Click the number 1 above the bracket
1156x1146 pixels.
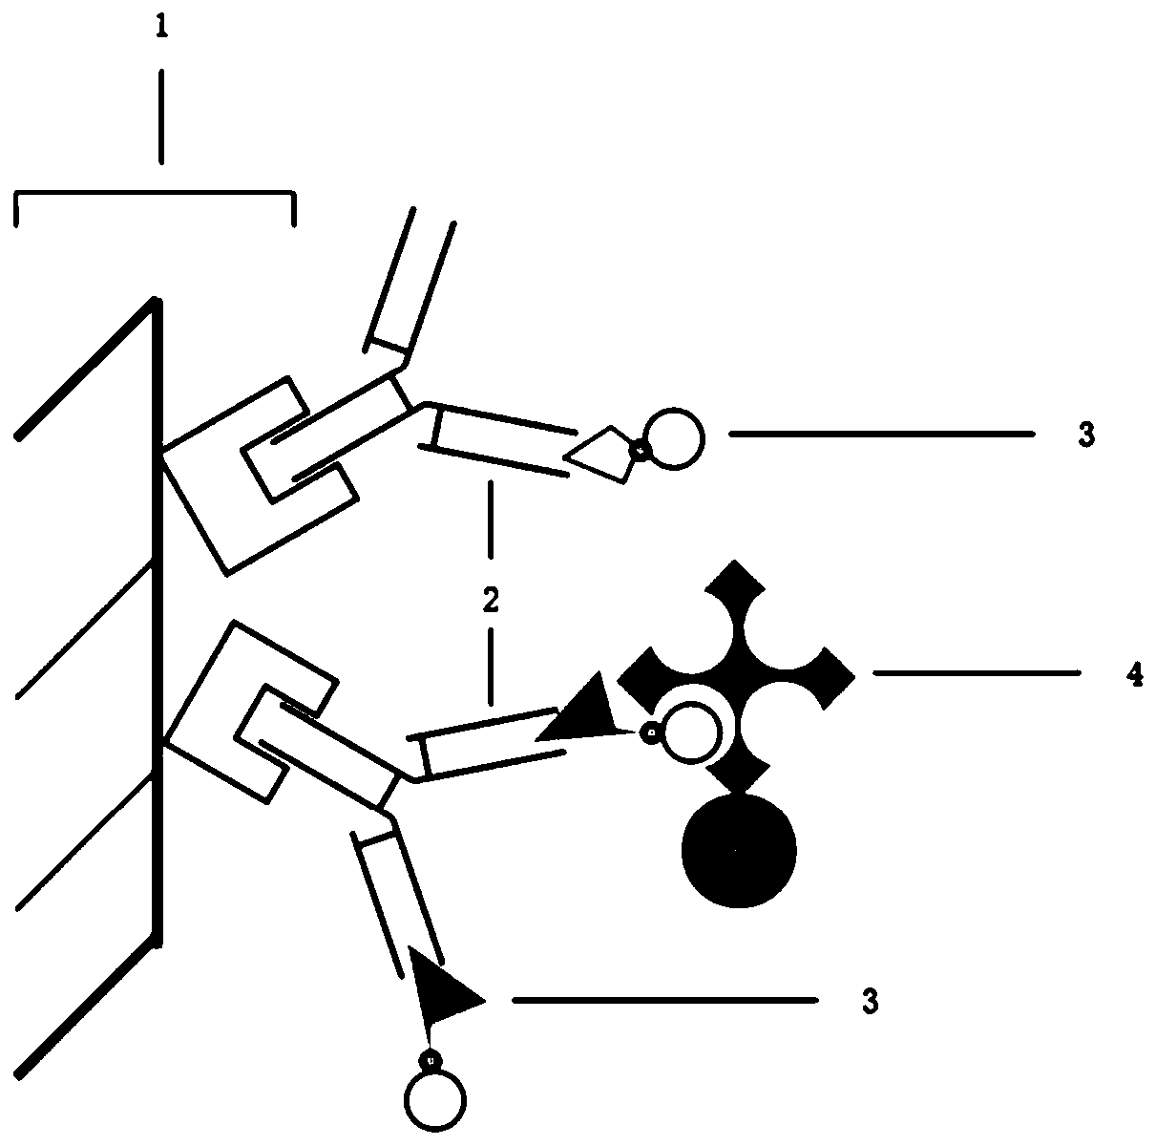[161, 29]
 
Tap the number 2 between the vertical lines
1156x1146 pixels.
[491, 602]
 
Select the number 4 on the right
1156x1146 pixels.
[1133, 674]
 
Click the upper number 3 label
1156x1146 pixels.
[1086, 435]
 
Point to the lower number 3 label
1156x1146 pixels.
[870, 1001]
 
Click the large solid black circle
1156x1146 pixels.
[739, 851]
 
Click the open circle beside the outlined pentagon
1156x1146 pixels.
[674, 438]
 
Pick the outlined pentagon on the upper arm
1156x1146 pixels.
[599, 454]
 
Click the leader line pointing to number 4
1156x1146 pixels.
[976, 673]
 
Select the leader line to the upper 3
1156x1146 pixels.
[881, 434]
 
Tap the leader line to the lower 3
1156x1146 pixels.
[664, 1000]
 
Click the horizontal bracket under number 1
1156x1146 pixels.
[155, 197]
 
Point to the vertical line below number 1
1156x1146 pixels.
[161, 115]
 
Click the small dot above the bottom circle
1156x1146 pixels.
[431, 1058]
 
